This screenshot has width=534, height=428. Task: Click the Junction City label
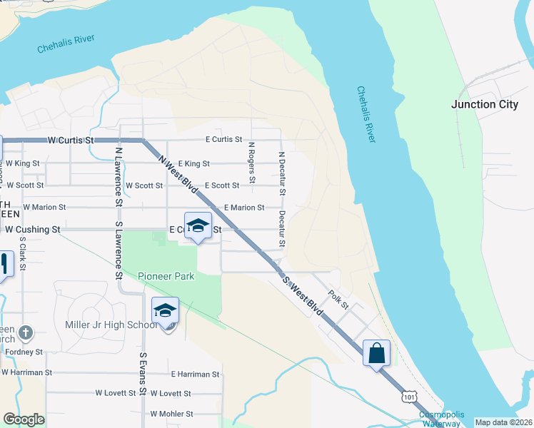485,104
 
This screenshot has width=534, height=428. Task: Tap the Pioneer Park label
166,275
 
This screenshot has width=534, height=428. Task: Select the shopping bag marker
376,352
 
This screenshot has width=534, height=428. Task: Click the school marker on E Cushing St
198,228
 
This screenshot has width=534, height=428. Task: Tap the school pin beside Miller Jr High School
165,312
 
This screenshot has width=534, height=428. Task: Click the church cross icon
26,332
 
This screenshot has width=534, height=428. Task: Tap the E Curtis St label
223,140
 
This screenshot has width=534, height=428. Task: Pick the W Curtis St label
71,141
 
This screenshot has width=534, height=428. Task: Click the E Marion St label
244,208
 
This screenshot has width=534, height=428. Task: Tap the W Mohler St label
171,414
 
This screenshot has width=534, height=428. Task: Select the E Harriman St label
195,374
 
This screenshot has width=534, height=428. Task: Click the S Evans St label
143,374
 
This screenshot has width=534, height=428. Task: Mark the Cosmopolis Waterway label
440,419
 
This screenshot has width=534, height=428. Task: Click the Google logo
24,419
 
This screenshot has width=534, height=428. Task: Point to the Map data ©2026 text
503,422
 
